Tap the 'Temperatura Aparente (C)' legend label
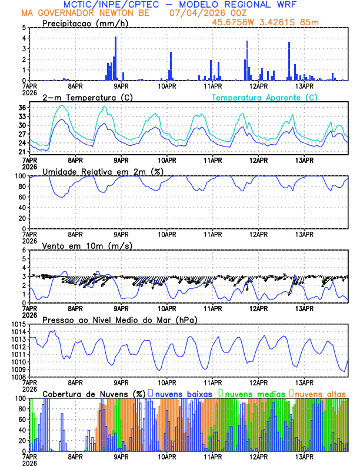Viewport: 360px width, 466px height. point(264,98)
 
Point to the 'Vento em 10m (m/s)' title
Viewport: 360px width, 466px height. point(87,245)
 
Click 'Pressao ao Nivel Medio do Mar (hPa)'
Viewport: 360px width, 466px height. point(119,319)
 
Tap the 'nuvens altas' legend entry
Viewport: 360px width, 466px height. point(320,393)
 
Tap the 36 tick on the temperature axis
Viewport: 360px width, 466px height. point(22,108)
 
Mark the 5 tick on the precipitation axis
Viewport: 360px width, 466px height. point(24,28)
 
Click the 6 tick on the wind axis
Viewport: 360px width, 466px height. point(24,250)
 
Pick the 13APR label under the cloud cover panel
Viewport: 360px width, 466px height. point(304,455)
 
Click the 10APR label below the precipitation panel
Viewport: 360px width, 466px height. point(167,85)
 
